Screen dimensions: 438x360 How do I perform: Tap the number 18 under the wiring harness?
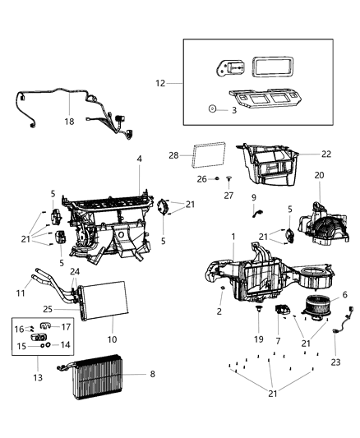pos(68,121)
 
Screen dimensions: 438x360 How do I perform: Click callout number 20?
pos(319,175)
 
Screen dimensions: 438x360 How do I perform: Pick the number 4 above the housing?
pos(140,159)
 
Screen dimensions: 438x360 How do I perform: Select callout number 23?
pos(335,362)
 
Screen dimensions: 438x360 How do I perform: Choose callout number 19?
pos(258,339)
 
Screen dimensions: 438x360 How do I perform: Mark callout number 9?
pos(254,197)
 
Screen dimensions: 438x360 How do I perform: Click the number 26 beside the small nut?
pos(201,178)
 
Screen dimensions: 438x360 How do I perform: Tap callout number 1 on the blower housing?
pos(233,237)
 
